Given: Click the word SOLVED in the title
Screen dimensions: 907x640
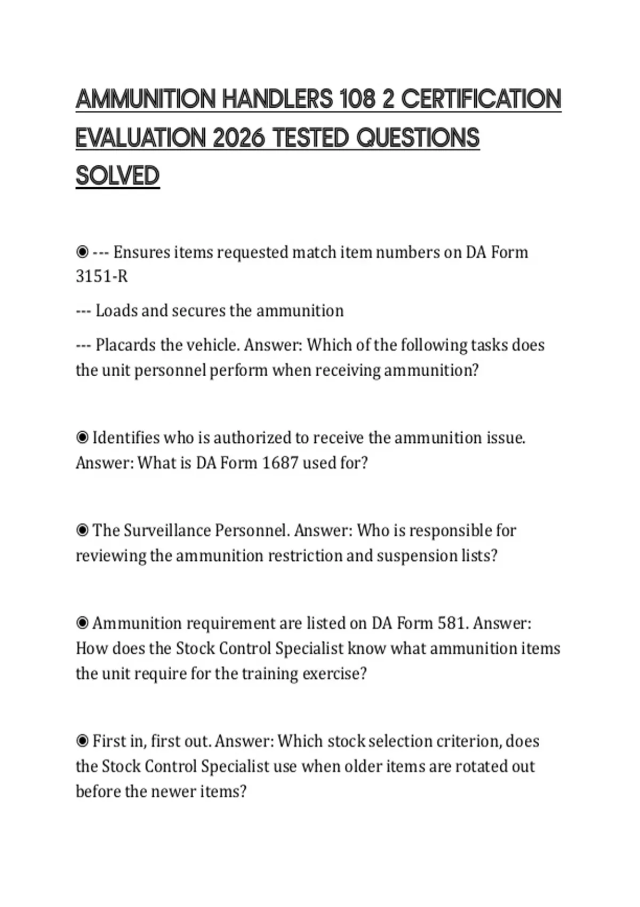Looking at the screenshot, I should [117, 176].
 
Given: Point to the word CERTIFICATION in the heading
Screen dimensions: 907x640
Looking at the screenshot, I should [481, 99].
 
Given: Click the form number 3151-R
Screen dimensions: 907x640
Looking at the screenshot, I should [102, 277].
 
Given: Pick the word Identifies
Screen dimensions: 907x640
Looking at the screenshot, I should [126, 438].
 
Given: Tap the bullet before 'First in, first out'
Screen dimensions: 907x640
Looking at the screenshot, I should [82, 741].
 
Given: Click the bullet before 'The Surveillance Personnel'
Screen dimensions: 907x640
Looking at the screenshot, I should [82, 530].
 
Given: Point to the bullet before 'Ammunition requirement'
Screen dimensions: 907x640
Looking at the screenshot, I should [82, 623].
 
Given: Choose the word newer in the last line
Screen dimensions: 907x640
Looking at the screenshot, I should [173, 791].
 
